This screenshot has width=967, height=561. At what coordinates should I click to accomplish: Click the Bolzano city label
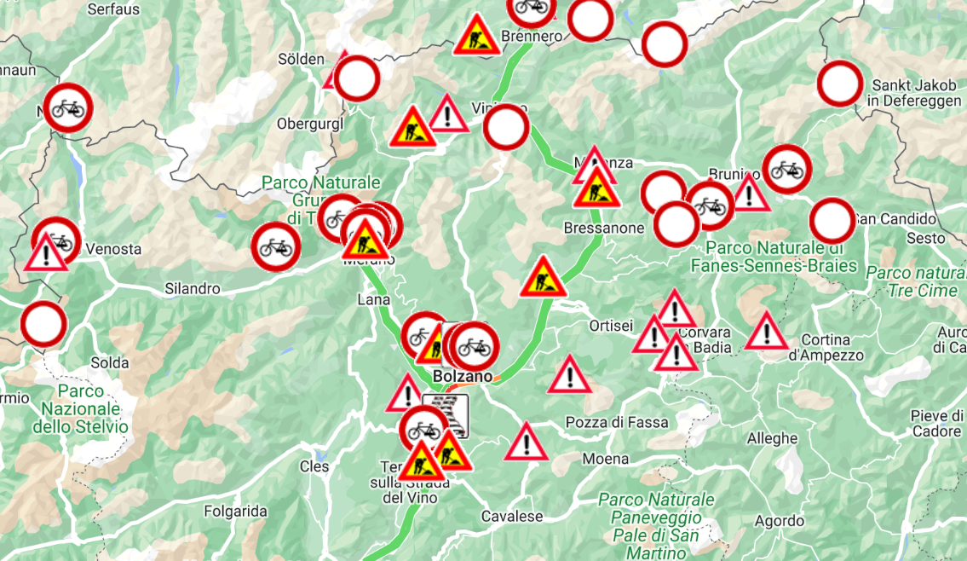click(x=463, y=376)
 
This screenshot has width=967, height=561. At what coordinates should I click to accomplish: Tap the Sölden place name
click(x=302, y=59)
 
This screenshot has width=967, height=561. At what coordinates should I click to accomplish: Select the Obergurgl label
click(x=309, y=124)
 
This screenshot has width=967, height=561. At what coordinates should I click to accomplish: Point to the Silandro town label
click(x=193, y=288)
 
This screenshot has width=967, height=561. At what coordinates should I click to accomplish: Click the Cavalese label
click(x=512, y=517)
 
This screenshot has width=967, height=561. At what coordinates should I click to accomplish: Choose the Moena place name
click(x=606, y=459)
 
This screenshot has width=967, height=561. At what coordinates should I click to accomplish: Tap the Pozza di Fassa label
click(x=617, y=423)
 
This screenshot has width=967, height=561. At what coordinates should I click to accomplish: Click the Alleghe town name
click(x=773, y=438)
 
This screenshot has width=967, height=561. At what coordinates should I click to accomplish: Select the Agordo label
click(x=779, y=520)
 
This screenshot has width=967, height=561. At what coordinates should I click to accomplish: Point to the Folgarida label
click(x=236, y=512)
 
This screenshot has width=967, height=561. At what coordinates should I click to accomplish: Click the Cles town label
click(x=314, y=466)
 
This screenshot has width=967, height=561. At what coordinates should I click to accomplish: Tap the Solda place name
click(x=110, y=362)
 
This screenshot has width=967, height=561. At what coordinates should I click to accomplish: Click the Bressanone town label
click(x=603, y=228)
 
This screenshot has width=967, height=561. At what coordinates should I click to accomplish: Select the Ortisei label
click(x=611, y=326)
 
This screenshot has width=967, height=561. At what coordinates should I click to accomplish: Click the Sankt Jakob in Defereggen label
click(x=915, y=93)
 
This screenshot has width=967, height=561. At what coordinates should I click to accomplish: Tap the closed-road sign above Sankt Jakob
click(x=840, y=84)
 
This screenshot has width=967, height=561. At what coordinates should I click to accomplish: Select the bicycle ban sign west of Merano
click(x=275, y=246)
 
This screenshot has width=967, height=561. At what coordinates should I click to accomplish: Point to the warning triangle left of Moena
click(x=527, y=443)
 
